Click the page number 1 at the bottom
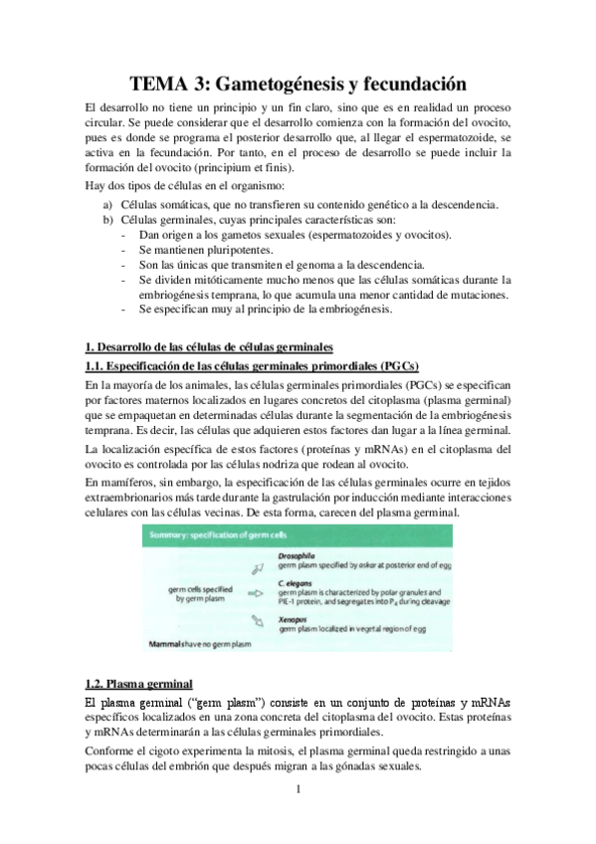(298, 790)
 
